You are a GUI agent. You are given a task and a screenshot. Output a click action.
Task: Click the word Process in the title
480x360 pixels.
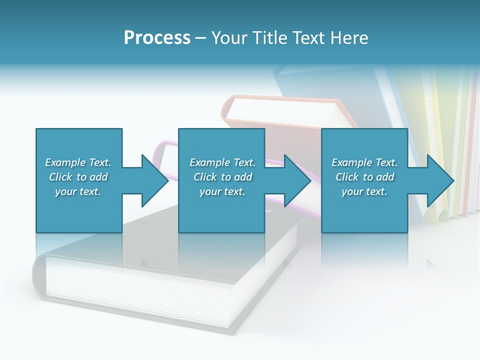[x=157, y=38]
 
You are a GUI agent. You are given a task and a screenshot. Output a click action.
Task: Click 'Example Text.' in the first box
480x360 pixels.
[x=78, y=162]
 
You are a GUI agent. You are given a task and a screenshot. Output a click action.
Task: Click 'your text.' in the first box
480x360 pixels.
[x=78, y=191]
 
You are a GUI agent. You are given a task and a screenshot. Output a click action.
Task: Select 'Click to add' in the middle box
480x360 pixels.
[x=222, y=177]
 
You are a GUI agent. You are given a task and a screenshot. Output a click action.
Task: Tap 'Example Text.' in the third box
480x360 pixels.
[x=364, y=162]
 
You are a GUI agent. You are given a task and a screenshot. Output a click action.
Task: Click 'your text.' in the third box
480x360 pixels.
[x=364, y=191]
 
